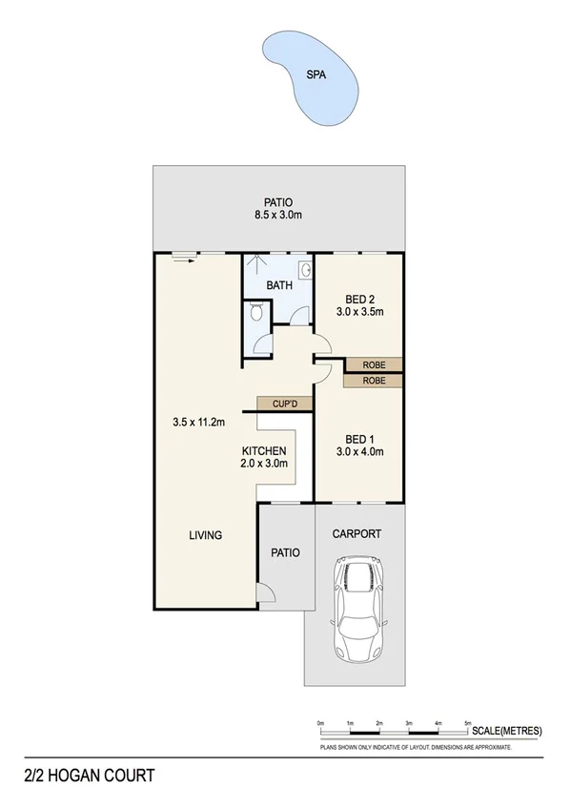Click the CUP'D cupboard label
point(285,404)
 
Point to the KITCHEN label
point(264,450)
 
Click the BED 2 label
point(358,298)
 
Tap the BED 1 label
point(358,440)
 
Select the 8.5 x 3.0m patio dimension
point(277,215)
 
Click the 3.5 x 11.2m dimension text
point(197,422)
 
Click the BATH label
point(278,285)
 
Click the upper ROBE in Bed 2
point(374,364)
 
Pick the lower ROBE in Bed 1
point(374,381)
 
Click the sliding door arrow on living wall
point(181,257)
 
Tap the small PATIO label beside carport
point(285,552)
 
